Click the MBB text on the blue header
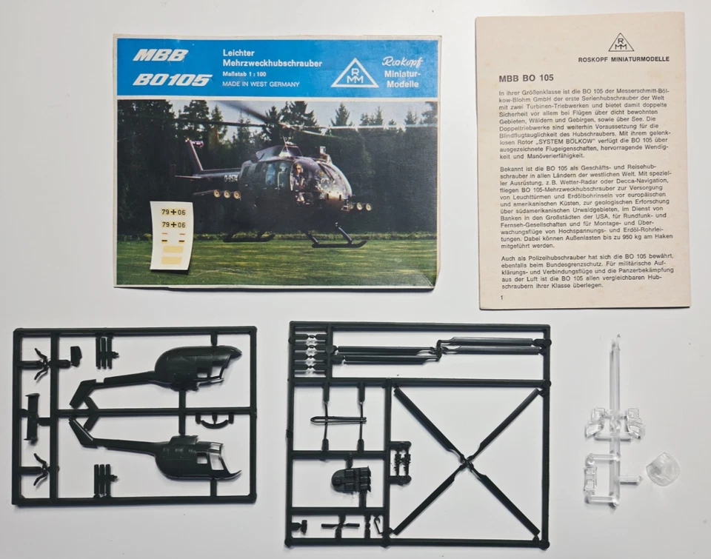[160, 56]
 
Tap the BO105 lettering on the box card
[173, 79]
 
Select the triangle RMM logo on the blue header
[354, 73]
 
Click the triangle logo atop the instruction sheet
[621, 42]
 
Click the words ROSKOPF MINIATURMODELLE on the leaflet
[624, 59]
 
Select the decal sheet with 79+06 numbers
[171, 234]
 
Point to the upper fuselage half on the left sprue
[185, 366]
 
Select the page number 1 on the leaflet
[501, 298]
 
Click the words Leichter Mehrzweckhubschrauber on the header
[272, 58]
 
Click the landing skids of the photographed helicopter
[337, 241]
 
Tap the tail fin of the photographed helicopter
[196, 156]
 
